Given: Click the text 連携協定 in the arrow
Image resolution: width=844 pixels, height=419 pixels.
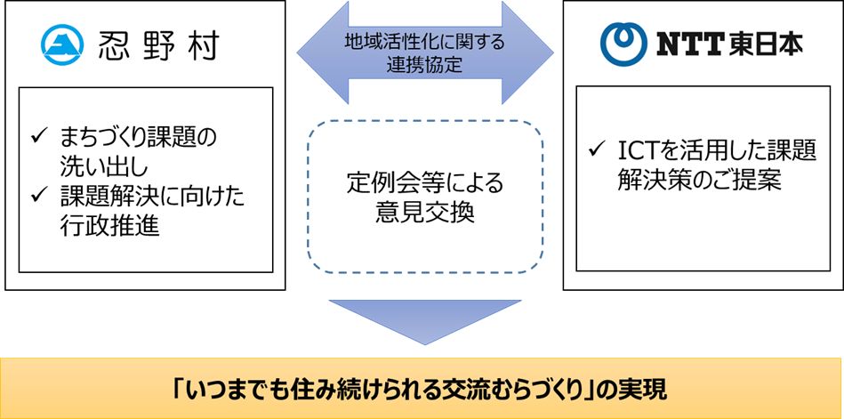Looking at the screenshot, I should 424,64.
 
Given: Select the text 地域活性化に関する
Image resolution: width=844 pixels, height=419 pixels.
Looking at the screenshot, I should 424,41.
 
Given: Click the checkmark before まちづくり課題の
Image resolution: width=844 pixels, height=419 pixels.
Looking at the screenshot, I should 38,134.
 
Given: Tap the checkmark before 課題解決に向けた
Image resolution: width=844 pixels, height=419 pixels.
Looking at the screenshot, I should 38,195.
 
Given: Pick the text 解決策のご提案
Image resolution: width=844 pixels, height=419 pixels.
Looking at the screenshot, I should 700,180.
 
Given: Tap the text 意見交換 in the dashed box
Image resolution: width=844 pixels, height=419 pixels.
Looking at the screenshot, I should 424,214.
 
